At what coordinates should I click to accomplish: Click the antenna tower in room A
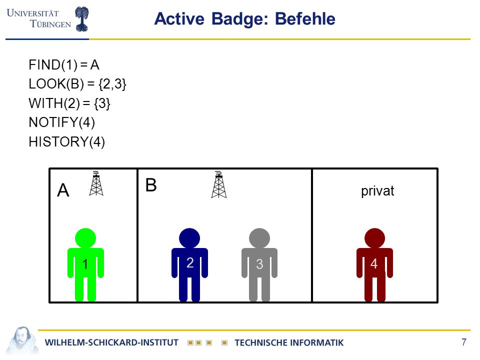(x=96, y=183)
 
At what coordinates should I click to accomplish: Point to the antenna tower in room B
(x=219, y=184)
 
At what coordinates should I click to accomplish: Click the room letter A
(x=63, y=190)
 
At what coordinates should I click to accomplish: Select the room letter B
(x=151, y=185)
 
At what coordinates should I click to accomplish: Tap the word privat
(x=377, y=191)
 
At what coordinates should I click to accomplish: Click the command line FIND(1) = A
(x=64, y=65)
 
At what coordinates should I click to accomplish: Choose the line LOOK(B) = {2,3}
(x=77, y=84)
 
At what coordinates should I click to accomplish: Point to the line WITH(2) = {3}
(x=69, y=103)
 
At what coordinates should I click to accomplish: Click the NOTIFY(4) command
(x=62, y=122)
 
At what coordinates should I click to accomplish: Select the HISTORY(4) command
(x=66, y=141)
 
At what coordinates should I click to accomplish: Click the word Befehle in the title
(x=305, y=19)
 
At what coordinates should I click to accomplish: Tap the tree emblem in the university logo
(x=81, y=19)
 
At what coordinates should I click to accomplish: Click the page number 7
(x=464, y=341)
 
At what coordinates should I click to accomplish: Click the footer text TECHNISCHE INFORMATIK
(x=289, y=342)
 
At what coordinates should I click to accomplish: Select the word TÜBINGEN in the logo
(x=50, y=24)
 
